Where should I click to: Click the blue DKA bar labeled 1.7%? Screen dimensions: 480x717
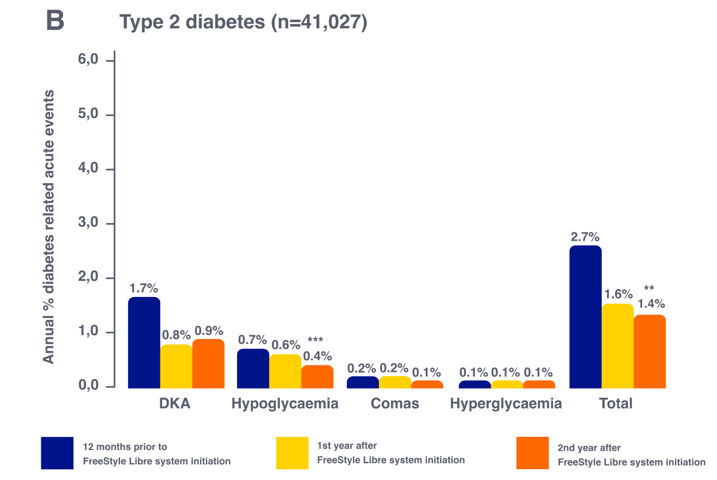(144, 343)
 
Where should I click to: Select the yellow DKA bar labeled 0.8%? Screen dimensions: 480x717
(176, 367)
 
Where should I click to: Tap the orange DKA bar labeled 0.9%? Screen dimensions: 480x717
(208, 364)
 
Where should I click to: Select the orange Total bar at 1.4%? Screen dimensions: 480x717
(650, 352)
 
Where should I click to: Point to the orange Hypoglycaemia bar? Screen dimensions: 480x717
(317, 377)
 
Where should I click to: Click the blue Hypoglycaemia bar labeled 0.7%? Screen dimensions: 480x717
(252, 368)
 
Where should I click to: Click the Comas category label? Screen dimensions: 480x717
(395, 404)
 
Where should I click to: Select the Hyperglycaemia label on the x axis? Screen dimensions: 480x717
(506, 404)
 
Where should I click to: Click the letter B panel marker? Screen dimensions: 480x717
(55, 22)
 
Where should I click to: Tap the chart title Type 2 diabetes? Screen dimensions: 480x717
(243, 22)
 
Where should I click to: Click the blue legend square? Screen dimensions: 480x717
(58, 453)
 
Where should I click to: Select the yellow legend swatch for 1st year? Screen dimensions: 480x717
(292, 453)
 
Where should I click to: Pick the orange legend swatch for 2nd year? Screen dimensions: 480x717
(533, 453)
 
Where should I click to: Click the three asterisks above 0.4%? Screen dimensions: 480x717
(315, 341)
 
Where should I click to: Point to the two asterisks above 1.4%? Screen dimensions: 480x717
(649, 288)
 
